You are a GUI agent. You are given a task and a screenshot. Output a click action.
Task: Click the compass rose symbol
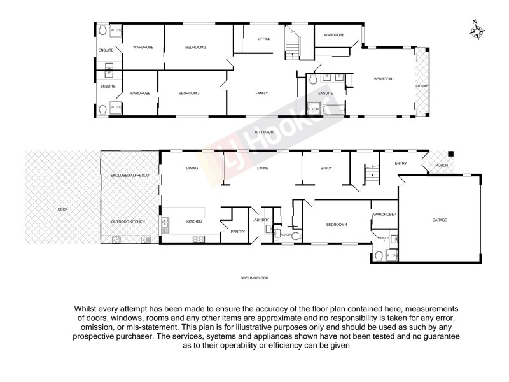(x=477, y=30)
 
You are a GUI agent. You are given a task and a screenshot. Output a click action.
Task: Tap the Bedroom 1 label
(x=384, y=79)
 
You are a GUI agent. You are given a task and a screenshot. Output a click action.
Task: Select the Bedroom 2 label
(x=196, y=47)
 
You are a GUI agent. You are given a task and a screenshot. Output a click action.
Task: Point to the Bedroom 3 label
(x=189, y=94)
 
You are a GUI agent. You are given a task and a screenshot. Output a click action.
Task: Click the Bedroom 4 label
(x=337, y=225)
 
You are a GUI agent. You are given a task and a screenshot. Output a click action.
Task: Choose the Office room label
(x=264, y=39)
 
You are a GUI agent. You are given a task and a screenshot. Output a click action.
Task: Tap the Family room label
(x=261, y=94)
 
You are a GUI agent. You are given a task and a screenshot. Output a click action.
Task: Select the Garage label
(x=440, y=220)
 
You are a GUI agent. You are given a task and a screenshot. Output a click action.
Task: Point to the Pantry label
(x=239, y=232)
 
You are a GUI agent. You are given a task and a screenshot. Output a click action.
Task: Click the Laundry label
(x=261, y=220)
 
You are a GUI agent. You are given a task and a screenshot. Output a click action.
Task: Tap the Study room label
(x=326, y=169)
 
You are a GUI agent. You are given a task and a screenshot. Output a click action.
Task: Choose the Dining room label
(x=192, y=169)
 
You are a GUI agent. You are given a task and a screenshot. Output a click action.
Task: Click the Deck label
(x=62, y=209)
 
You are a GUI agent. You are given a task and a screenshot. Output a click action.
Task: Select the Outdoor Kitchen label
(x=128, y=221)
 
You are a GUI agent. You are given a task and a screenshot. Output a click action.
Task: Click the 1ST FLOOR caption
(x=263, y=132)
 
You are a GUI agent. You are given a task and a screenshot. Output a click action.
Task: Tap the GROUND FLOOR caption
(x=254, y=279)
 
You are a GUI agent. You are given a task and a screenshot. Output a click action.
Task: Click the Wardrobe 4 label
(x=386, y=215)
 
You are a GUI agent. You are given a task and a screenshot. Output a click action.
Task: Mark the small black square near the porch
(x=450, y=153)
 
